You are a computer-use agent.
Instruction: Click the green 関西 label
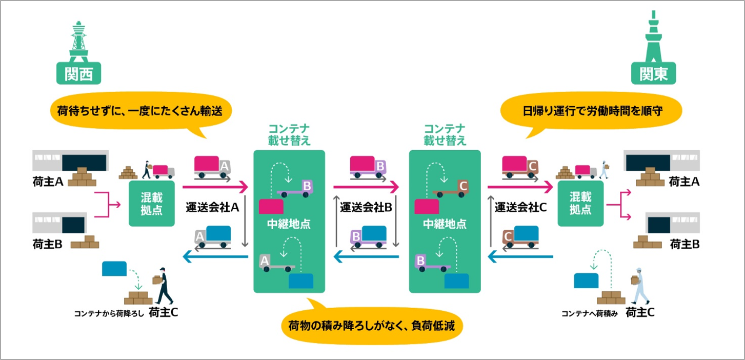78,74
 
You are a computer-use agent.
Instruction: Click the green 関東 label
653,74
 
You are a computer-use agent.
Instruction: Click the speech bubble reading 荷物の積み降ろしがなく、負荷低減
372,327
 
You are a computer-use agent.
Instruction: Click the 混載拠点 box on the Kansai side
152,204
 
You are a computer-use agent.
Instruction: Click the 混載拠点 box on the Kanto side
580,204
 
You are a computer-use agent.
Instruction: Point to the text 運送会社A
213,208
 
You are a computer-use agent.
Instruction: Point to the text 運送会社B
366,208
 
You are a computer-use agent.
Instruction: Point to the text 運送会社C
521,208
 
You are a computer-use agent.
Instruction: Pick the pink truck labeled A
212,168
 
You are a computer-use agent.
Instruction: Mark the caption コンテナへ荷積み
589,313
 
